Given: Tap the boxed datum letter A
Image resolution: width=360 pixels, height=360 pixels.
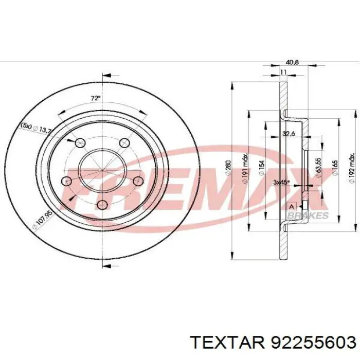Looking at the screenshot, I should [x=292, y=206].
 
